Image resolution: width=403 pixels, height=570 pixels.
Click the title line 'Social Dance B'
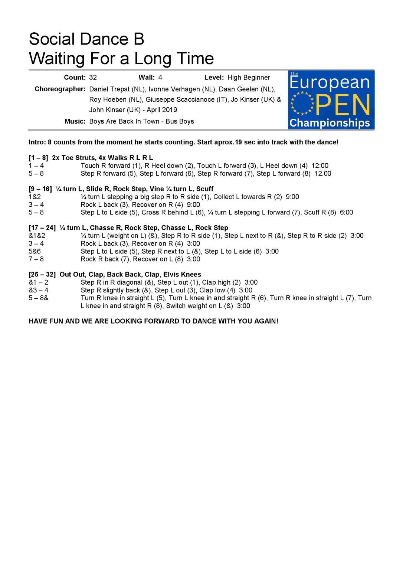coord(86,39)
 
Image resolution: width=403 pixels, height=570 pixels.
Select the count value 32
coord(93,78)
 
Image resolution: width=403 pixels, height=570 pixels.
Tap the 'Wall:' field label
coord(147,78)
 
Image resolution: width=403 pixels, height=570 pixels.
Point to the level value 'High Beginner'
coord(249,78)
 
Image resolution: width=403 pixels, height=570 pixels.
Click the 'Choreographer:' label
coord(60,89)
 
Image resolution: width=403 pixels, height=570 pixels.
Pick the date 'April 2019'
coord(162,110)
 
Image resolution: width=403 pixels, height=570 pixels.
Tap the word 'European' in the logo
coord(330,82)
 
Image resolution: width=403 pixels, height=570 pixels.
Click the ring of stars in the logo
coord(302,103)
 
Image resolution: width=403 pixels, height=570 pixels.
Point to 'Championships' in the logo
coord(330,123)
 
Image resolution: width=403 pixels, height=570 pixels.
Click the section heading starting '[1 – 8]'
coord(91,158)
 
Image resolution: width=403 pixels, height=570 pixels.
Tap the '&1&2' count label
coord(37,236)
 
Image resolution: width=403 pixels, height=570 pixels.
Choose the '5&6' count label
coord(35,251)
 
